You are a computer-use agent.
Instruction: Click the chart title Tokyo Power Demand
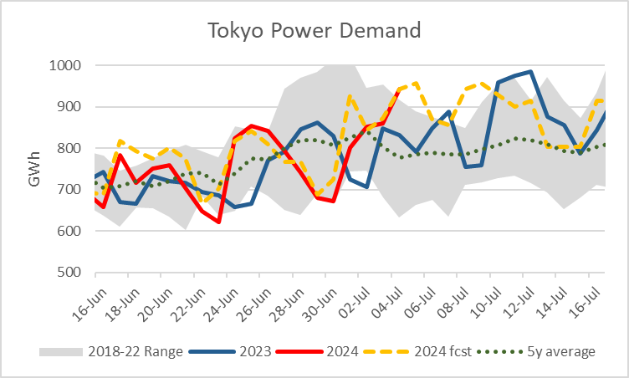point(314,31)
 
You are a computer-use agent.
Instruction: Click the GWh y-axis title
point(35,168)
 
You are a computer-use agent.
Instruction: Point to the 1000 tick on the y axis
point(64,65)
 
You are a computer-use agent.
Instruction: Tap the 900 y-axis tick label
point(68,107)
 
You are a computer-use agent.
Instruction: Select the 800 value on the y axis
point(68,148)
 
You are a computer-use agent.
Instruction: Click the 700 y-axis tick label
point(68,190)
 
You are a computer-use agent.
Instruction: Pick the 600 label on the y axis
point(68,231)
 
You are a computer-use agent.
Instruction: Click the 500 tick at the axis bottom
point(68,273)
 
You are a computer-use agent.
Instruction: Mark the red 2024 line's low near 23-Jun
point(218,222)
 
